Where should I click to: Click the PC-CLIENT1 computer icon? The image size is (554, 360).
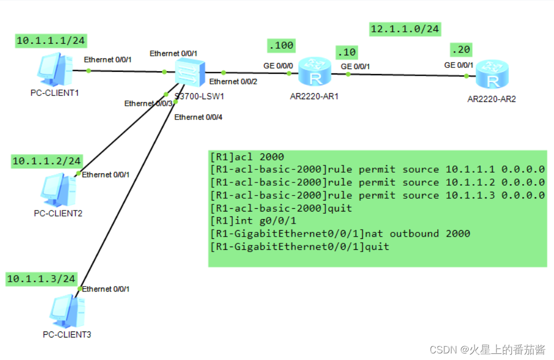(55, 69)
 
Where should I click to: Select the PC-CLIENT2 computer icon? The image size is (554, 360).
(58, 190)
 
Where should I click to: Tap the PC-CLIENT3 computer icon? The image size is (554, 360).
(67, 311)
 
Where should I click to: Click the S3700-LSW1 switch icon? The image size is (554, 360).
(190, 73)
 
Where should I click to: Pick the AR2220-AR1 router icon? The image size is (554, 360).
(315, 72)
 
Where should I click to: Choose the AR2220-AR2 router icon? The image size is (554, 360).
(492, 74)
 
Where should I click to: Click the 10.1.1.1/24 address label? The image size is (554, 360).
(51, 41)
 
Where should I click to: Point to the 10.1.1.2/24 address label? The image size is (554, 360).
(47, 161)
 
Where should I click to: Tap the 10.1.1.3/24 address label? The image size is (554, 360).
(41, 279)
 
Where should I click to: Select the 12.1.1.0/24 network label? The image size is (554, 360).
(405, 29)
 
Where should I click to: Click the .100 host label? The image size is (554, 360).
(281, 45)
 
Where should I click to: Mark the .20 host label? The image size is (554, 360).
(461, 50)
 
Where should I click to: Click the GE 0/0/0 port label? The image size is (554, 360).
(278, 66)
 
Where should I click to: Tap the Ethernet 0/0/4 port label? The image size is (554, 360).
(198, 117)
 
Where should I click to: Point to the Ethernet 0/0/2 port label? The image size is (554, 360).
(233, 82)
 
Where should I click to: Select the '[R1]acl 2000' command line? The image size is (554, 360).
(247, 157)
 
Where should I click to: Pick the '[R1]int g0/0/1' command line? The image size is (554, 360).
(253, 221)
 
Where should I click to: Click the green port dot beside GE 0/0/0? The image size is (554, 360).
(289, 73)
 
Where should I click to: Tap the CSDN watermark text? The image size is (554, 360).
(487, 350)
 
